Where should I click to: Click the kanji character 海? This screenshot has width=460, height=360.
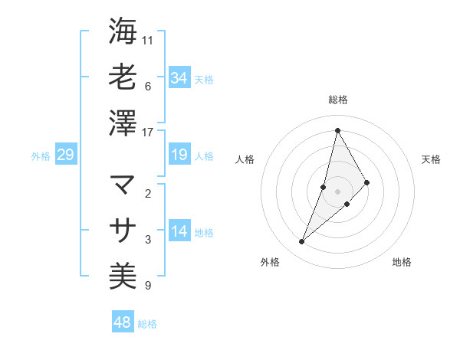(123, 31)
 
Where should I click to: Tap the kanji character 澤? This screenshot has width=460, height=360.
(123, 123)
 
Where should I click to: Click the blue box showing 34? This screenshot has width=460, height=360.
(179, 77)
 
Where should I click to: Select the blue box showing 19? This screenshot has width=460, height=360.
(179, 155)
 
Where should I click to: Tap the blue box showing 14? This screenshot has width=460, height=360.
(179, 231)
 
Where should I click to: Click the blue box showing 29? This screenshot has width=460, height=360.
(65, 155)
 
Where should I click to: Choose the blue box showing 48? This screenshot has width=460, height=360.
(123, 322)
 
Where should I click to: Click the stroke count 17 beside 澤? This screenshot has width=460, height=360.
(148, 132)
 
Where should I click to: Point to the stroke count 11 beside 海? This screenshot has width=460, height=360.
(148, 39)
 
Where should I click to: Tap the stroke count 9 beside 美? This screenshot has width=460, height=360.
(148, 286)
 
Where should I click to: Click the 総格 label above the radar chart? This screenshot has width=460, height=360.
(337, 100)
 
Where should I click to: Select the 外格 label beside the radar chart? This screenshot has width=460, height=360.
(269, 262)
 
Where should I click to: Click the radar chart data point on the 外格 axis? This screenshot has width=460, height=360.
(302, 242)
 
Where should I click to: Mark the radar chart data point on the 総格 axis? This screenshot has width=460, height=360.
(337, 130)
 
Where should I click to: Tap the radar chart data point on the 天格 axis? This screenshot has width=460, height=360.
(367, 182)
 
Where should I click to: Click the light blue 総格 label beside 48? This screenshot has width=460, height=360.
(147, 324)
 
